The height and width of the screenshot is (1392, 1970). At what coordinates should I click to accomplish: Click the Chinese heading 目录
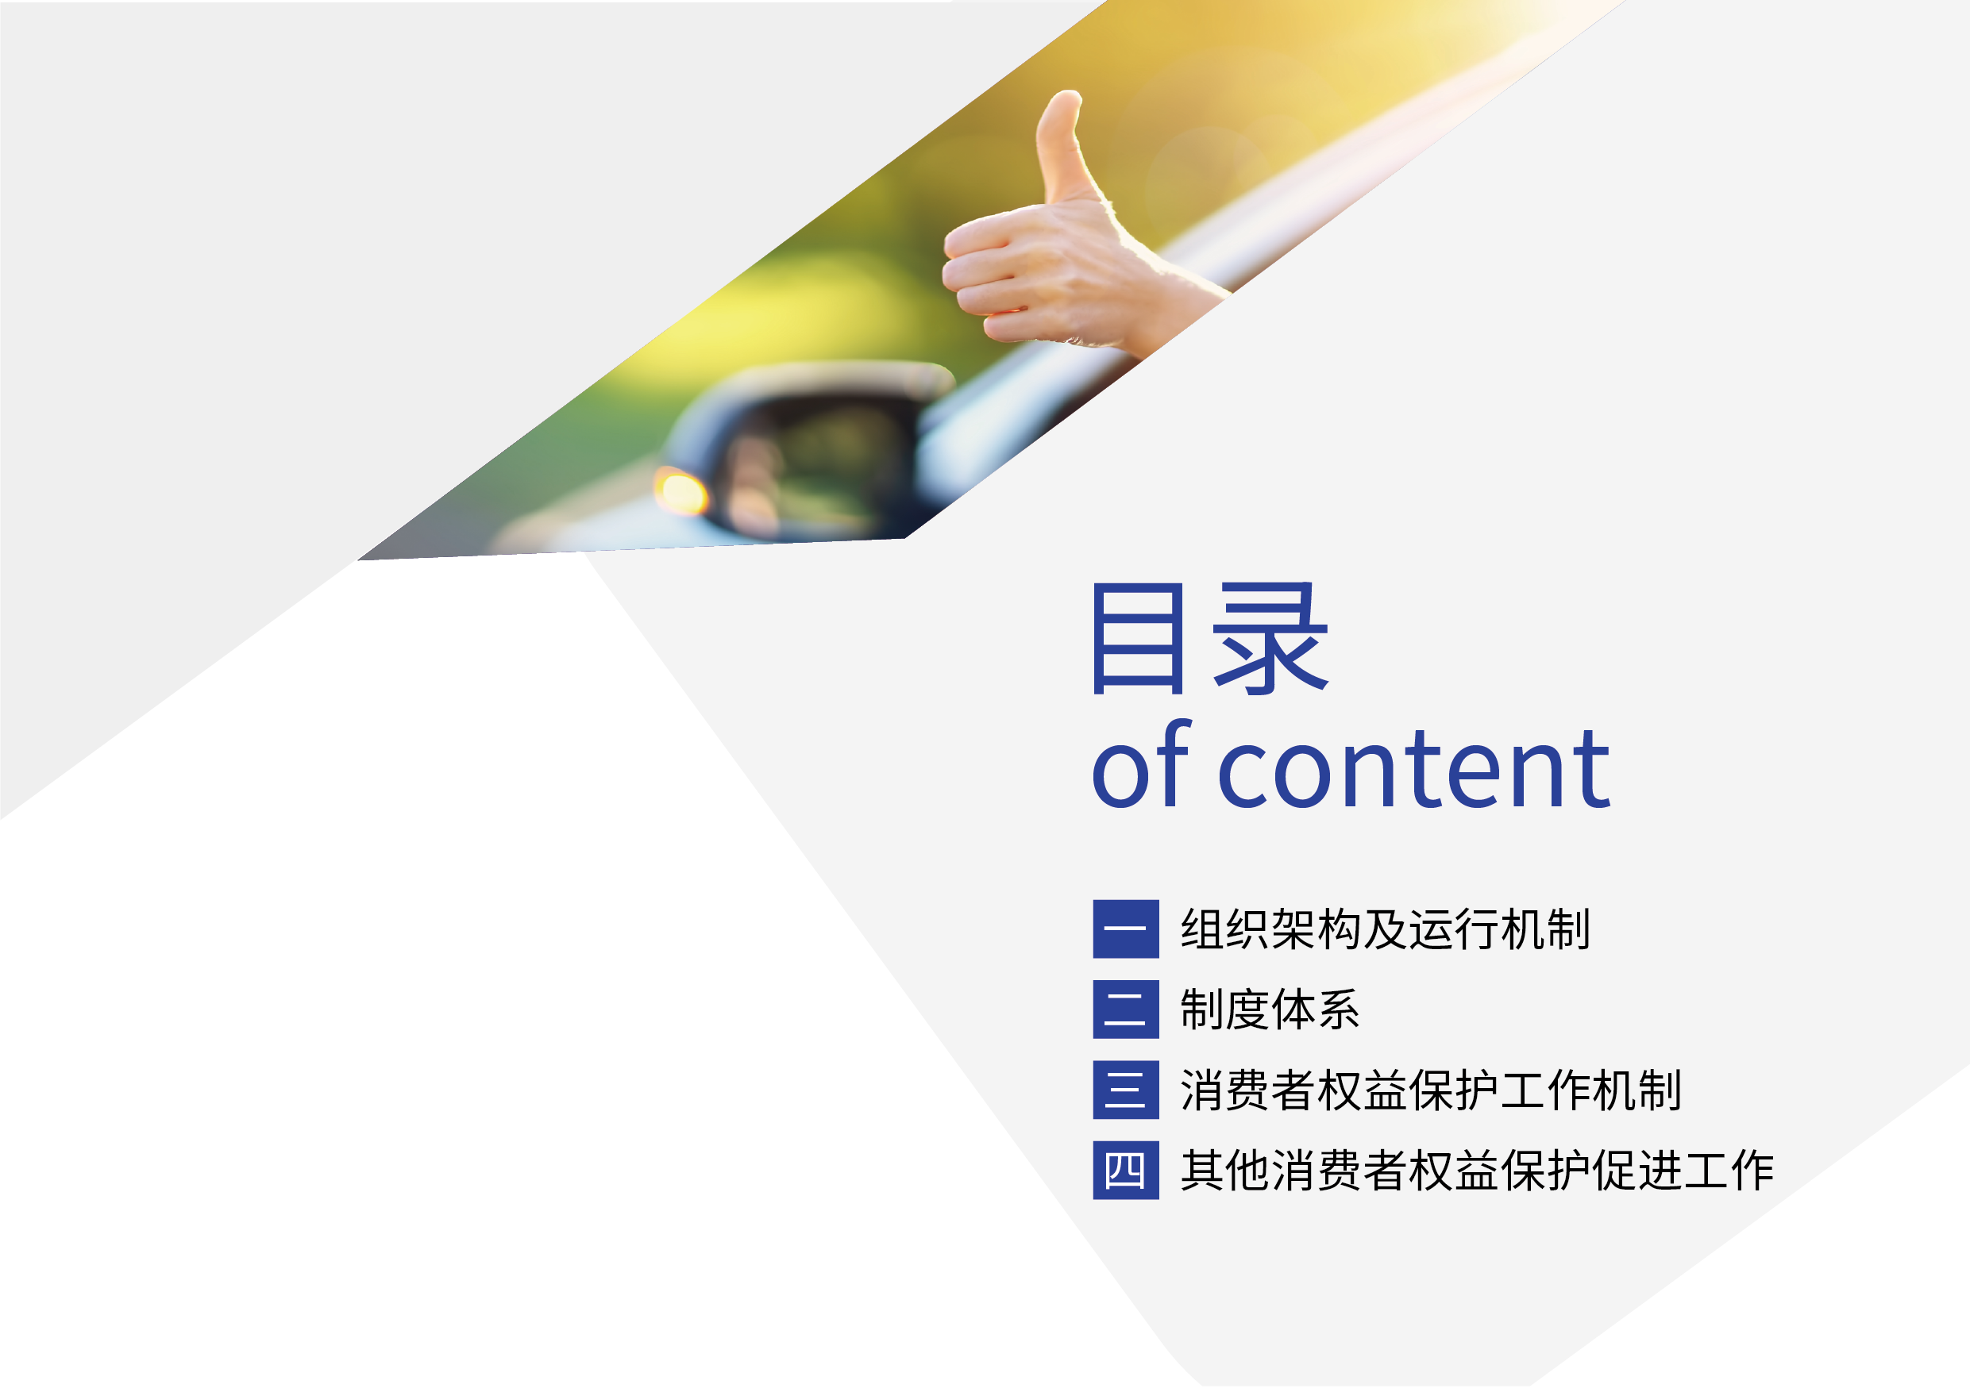(x=1211, y=639)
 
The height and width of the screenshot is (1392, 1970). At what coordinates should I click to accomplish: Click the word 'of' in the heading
(x=1142, y=766)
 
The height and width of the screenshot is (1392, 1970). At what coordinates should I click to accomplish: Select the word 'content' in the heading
(x=1413, y=768)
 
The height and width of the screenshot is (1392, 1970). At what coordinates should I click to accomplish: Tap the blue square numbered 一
(x=1126, y=929)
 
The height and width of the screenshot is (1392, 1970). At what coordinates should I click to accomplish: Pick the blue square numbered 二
(x=1126, y=1009)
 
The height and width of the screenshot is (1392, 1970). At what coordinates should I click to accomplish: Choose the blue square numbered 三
(x=1126, y=1090)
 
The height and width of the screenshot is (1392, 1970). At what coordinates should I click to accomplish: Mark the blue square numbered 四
(x=1126, y=1170)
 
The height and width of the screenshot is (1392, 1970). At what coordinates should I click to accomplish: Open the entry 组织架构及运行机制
(x=1386, y=929)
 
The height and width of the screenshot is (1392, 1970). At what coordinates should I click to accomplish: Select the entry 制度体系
(x=1270, y=1009)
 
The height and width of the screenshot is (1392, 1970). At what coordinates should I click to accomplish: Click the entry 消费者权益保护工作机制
(x=1431, y=1090)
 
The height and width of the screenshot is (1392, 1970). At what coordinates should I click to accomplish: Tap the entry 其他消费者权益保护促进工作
(x=1478, y=1171)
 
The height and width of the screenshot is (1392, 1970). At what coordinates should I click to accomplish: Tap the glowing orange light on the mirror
(x=681, y=492)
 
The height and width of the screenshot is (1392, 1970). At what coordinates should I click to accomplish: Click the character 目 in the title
(x=1138, y=639)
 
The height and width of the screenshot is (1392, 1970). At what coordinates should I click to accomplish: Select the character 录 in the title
(x=1270, y=639)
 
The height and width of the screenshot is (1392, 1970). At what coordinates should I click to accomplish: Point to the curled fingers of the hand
(x=987, y=279)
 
